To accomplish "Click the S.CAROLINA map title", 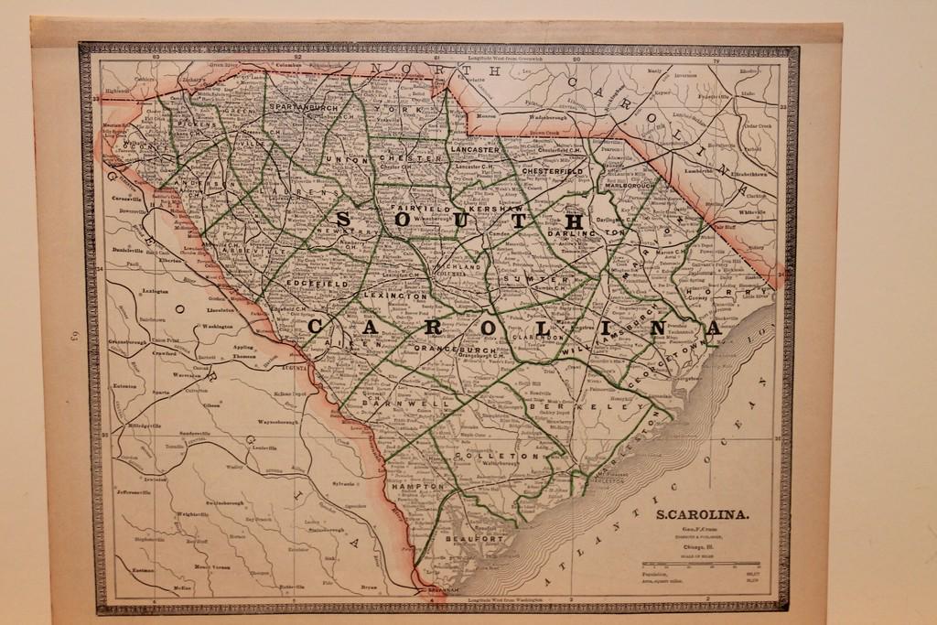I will point(703,514).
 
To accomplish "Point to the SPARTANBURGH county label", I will point(304,108).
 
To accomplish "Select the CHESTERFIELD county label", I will point(552,171).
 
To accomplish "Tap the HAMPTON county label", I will point(417,487).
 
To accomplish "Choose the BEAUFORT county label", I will point(474,540).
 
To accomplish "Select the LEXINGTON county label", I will point(394,296).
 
